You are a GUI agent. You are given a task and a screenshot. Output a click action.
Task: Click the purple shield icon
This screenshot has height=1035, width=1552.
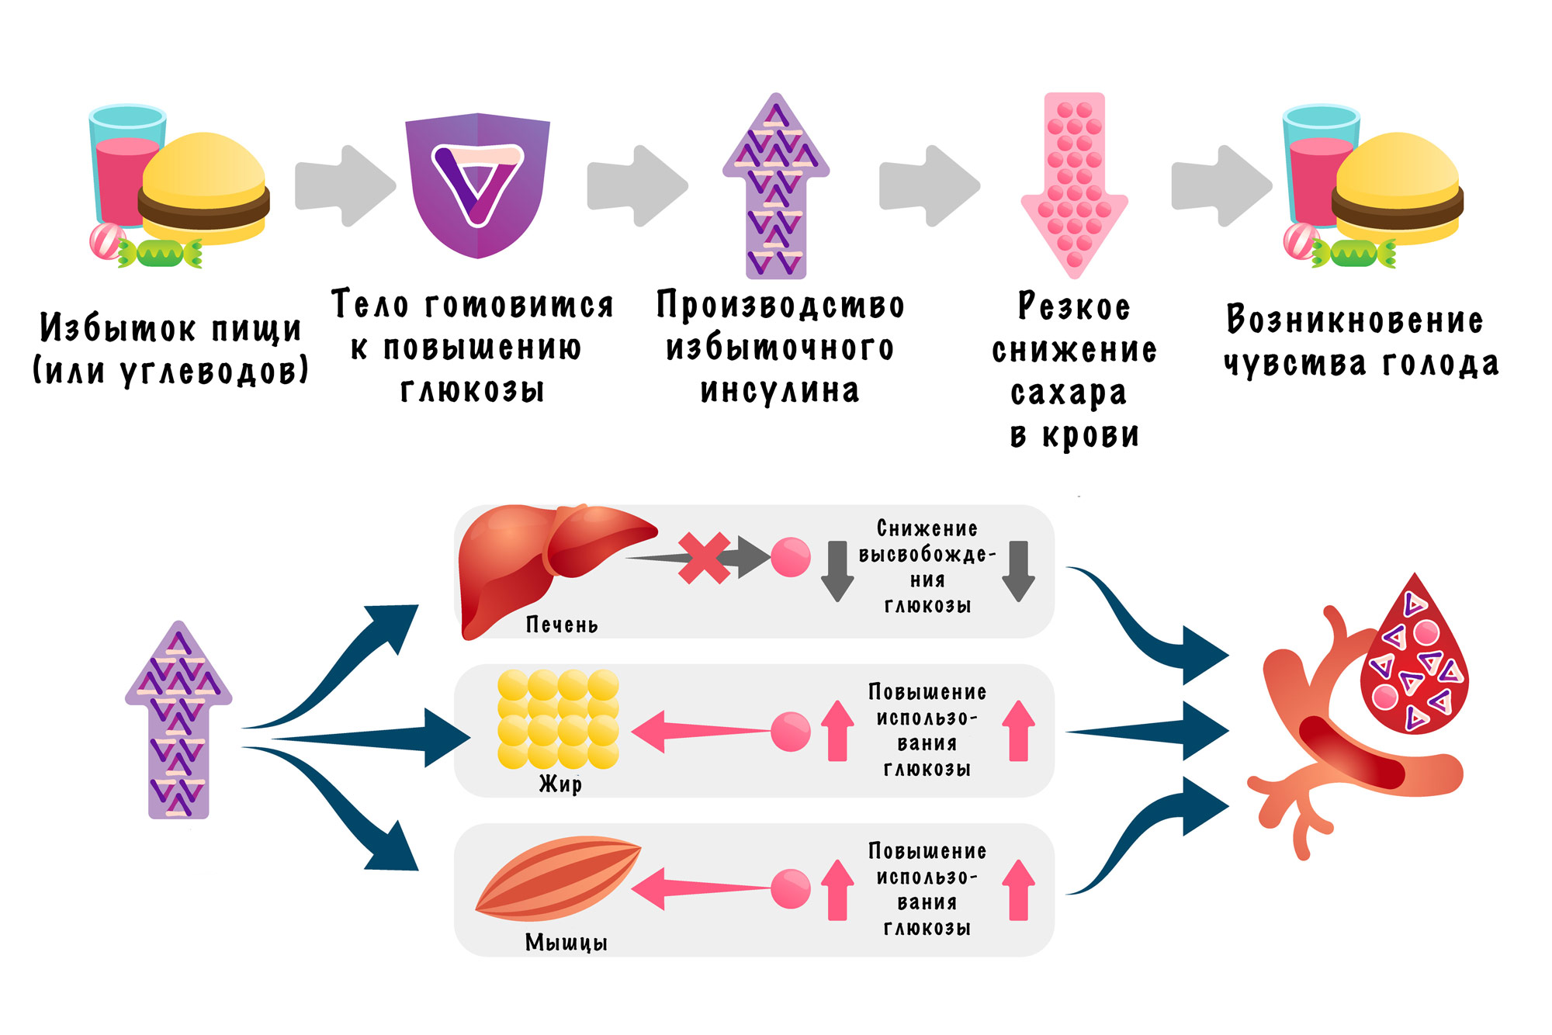(477, 186)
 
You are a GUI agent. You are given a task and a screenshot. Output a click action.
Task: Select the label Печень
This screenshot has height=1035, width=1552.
(562, 625)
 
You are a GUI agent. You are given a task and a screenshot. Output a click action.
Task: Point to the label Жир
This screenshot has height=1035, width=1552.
(560, 784)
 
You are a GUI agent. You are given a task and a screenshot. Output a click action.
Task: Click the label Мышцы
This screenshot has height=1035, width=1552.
(566, 943)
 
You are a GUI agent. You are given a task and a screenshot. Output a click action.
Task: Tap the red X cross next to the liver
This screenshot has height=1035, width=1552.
(704, 558)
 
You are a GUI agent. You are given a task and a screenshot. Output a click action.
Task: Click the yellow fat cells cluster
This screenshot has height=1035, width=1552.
(558, 719)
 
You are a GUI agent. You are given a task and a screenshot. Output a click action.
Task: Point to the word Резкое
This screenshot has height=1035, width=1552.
(1074, 306)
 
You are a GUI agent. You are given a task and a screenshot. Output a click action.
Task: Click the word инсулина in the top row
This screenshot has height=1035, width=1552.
(780, 390)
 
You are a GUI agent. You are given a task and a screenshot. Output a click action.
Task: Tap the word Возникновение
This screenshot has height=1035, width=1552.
(1355, 320)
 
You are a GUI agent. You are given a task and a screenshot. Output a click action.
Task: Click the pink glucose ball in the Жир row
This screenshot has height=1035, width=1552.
(791, 732)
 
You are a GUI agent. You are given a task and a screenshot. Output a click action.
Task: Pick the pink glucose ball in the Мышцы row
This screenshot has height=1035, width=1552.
(791, 889)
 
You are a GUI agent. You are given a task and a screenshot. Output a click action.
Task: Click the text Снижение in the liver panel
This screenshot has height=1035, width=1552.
(927, 528)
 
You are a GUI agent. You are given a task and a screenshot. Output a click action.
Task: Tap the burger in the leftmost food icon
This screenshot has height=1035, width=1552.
(204, 190)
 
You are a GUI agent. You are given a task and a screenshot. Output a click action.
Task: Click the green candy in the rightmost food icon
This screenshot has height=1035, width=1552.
(1353, 254)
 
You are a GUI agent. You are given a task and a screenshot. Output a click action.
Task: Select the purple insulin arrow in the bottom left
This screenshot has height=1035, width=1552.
(178, 722)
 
